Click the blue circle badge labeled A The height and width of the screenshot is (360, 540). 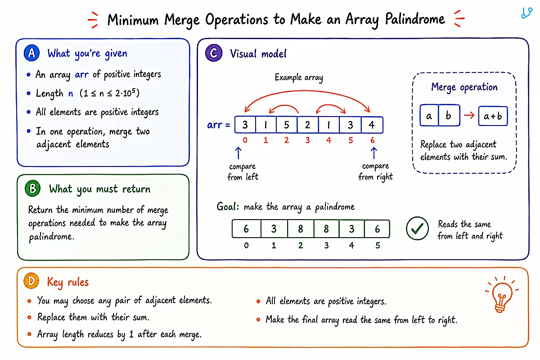pos(31,53)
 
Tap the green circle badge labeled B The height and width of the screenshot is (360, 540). pos(32,188)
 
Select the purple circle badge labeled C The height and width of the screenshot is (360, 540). pos(214,53)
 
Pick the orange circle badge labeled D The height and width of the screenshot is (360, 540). pos(31,281)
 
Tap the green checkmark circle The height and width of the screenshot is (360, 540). pos(417,228)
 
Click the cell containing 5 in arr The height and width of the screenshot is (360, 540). pos(287,125)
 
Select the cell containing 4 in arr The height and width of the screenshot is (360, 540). pos(372,125)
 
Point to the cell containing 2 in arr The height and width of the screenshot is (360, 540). pos(308,125)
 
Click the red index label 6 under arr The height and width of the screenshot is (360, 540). pos(373,140)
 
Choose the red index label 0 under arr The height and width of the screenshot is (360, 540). pos(245,140)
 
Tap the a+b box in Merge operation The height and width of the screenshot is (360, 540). pos(493,116)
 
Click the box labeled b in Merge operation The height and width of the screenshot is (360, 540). pos(449,116)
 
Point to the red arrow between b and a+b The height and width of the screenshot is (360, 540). pos(469,115)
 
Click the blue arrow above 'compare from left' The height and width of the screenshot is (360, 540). pos(238,153)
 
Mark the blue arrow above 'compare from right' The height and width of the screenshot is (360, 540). pos(374,153)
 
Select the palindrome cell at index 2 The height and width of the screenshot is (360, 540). pos(301,229)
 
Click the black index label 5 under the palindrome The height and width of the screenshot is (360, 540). pos(378,245)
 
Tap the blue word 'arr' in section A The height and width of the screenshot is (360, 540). pos(82,75)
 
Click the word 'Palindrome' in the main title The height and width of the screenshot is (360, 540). pos(415,19)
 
